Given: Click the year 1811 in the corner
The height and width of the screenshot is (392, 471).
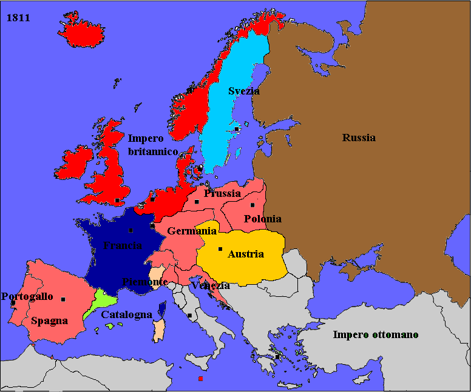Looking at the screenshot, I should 19,18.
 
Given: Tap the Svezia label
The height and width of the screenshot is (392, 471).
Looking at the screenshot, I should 244,91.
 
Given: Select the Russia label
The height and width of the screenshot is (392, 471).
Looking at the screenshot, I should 359,138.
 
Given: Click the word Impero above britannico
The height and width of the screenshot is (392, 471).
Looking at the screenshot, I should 146,139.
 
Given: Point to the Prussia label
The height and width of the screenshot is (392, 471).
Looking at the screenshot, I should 223,194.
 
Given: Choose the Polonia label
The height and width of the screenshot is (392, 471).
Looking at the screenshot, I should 262,219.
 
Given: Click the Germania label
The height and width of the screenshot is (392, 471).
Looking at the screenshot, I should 192,231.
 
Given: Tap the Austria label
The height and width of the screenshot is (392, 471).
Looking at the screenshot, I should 246,254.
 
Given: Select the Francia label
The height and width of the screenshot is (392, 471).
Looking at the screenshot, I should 123,245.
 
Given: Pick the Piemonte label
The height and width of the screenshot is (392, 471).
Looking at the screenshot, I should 145,282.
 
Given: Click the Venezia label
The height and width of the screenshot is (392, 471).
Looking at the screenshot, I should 210,285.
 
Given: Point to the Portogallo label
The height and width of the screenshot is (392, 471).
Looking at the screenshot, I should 27,297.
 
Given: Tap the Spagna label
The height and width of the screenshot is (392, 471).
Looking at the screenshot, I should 49,321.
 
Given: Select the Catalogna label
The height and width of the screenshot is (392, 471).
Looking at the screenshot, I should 126,315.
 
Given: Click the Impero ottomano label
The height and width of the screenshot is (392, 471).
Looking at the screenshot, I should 376,334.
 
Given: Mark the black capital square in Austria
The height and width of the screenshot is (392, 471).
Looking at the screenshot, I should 220,249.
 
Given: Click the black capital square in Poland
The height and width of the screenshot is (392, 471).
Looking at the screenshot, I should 252,205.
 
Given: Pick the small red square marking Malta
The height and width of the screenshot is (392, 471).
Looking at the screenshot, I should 200,379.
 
